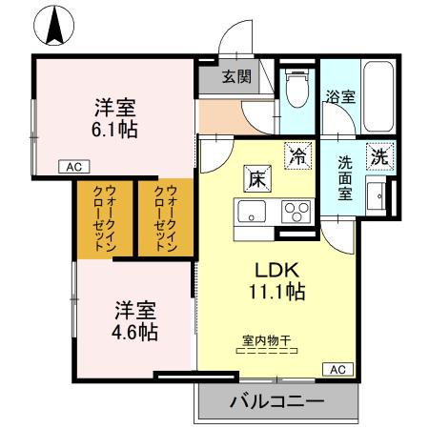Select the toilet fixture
296,90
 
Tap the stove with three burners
296,211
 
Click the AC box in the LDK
338,368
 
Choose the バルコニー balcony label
276,401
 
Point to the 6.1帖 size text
114,128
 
